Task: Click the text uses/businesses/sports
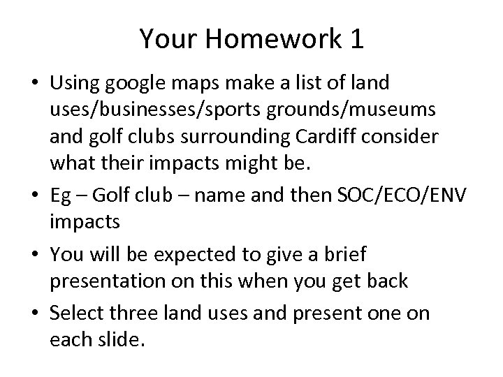click(139, 110)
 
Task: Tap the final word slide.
click(105, 340)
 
